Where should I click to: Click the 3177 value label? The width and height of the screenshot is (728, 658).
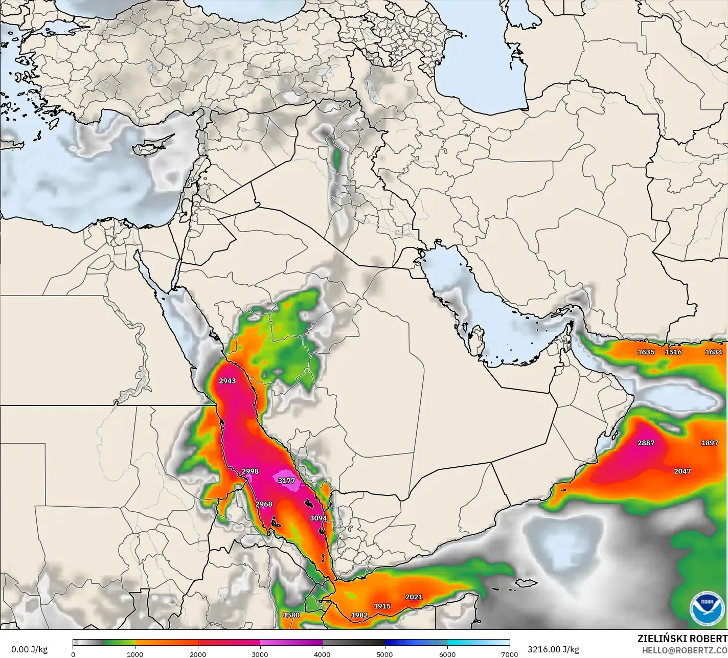tap(286, 481)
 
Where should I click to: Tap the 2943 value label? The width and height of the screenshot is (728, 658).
tap(227, 381)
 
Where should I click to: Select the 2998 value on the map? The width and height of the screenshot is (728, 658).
tap(250, 471)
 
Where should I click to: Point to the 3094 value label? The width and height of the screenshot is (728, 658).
tap(318, 518)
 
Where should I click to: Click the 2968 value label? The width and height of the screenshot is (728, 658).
tap(264, 504)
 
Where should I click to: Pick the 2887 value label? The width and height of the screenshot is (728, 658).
tap(646, 443)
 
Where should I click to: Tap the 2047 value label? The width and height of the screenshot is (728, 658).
tap(682, 471)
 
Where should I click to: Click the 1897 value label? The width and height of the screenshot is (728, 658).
tap(710, 443)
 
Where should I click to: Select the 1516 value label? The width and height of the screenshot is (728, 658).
tap(673, 352)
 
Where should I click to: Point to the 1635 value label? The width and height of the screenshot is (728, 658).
tap(646, 352)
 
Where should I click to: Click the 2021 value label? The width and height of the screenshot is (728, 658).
tap(414, 597)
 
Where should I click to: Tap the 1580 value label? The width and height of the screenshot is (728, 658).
tap(291, 615)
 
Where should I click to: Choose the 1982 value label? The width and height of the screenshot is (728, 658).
tap(359, 615)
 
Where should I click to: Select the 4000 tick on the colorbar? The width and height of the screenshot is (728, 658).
tap(323, 654)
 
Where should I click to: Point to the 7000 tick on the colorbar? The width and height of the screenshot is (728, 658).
tap(510, 654)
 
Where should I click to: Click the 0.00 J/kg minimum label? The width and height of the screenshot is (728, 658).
tap(29, 649)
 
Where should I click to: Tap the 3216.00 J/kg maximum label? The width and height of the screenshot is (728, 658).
tap(553, 649)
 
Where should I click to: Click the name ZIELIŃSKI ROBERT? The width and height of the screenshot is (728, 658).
tap(682, 639)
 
